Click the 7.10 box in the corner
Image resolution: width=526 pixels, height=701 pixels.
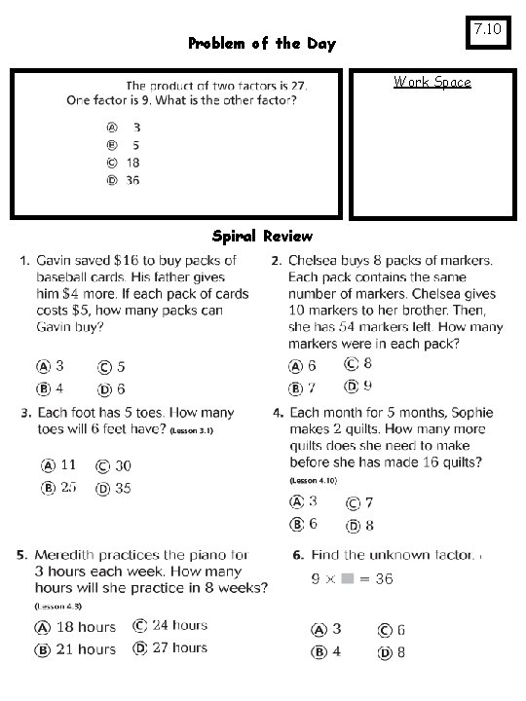pos(487,31)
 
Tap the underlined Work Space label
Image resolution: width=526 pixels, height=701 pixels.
pos(432,82)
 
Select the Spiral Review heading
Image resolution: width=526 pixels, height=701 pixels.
pos(262,236)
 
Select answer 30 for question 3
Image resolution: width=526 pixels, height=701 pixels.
pos(123,466)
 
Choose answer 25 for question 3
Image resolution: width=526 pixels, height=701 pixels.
pos(68,487)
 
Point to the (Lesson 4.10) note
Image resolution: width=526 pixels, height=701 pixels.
pos(314,480)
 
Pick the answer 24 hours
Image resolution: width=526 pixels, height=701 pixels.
pos(179,626)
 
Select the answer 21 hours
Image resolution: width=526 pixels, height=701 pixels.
pos(86,648)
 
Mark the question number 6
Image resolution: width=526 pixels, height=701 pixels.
pos(298,555)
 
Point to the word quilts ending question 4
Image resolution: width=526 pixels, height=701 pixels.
pos(460,461)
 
